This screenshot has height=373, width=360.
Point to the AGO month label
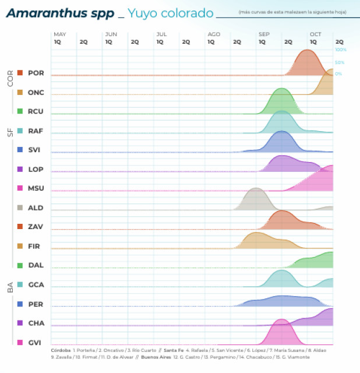coord(214,34)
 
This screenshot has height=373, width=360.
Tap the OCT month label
coord(316,34)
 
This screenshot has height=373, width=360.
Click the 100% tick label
coord(341,50)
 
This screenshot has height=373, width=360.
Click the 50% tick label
coord(340,62)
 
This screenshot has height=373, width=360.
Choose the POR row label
coord(36,73)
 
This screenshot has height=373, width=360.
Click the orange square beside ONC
coord(20,93)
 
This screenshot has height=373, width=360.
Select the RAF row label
coord(36,131)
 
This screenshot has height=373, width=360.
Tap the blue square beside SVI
coord(20,150)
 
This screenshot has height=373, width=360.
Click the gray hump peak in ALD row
coord(255,189)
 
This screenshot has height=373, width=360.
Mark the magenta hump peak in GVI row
coord(281,320)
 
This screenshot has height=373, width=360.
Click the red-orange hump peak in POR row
coord(306,51)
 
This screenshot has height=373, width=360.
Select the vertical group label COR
coord(10,79)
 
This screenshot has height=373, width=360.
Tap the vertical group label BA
coord(10,287)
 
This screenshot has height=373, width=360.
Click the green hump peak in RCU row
coord(282,89)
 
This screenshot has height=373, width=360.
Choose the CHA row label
coord(36,323)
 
